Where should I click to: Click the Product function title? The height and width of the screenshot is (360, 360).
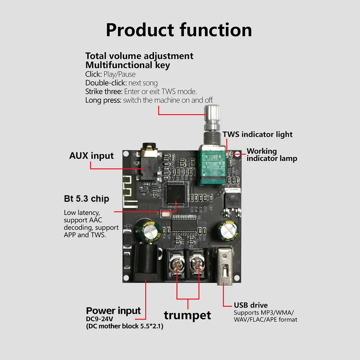click(x=179, y=30)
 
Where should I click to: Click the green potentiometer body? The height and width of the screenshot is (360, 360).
click(x=212, y=165)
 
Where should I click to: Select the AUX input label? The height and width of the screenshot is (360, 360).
click(x=91, y=156)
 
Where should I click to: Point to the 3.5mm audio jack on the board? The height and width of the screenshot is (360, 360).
click(x=149, y=161)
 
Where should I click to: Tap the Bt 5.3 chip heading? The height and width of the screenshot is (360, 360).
click(x=87, y=199)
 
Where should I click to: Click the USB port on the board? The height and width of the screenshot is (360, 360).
click(x=224, y=266)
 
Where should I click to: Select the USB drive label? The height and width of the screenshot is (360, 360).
click(x=251, y=305)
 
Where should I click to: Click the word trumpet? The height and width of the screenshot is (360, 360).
click(x=187, y=315)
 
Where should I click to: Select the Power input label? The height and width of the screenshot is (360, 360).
click(x=113, y=311)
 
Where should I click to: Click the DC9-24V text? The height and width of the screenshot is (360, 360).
click(x=99, y=319)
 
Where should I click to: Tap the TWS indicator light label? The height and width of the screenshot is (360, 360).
click(x=258, y=134)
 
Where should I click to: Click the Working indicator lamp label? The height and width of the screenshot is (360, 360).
click(x=272, y=155)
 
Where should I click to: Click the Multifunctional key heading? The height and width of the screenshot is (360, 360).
click(x=128, y=65)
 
